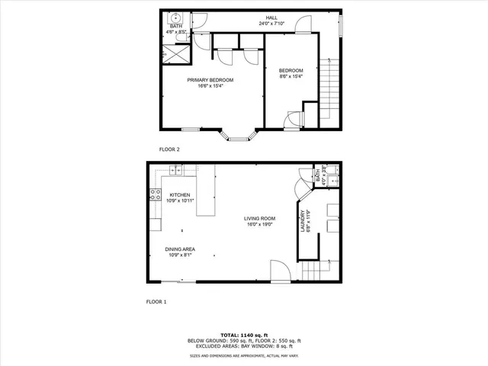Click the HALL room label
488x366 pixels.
(x=271, y=18)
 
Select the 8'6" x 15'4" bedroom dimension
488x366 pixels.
(x=291, y=75)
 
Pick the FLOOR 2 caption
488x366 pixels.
(x=169, y=149)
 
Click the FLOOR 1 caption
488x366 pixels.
(x=156, y=302)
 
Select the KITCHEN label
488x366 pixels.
(x=179, y=194)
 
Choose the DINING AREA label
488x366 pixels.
(x=180, y=249)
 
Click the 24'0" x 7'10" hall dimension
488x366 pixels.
(x=271, y=24)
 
